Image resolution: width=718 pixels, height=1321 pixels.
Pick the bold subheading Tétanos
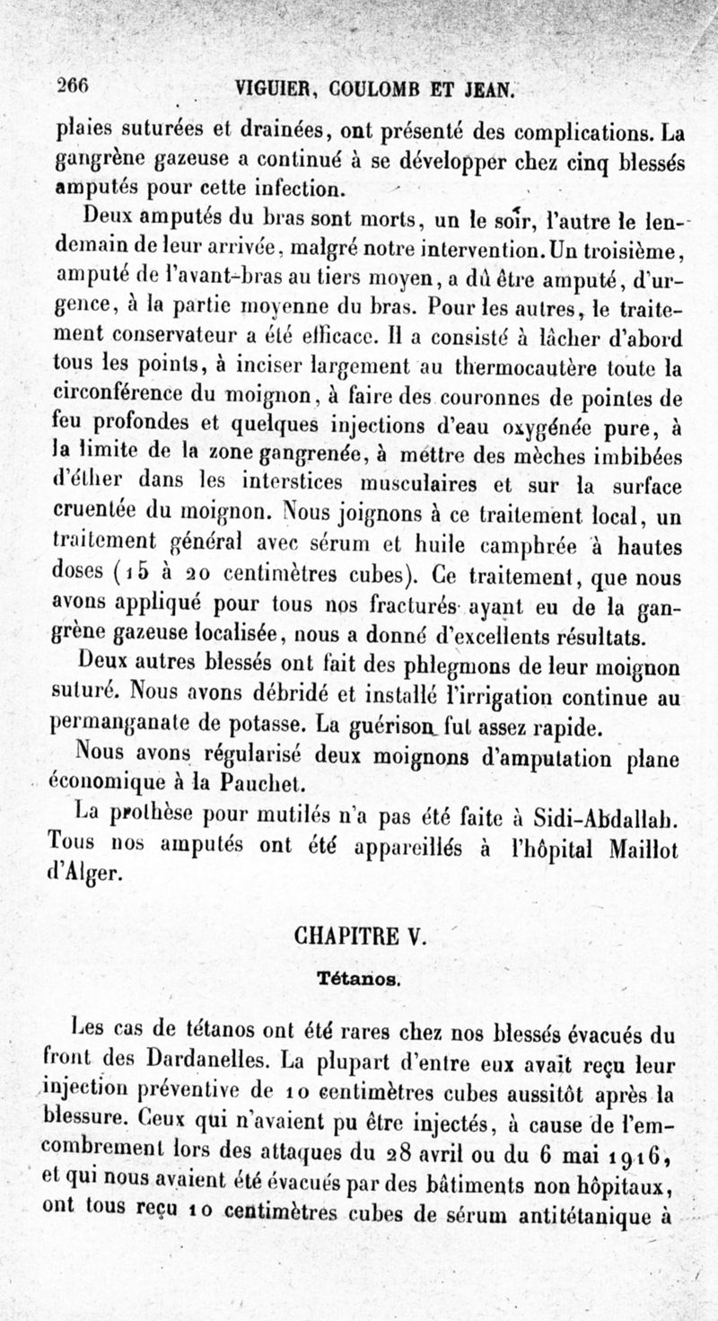click(x=358, y=978)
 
